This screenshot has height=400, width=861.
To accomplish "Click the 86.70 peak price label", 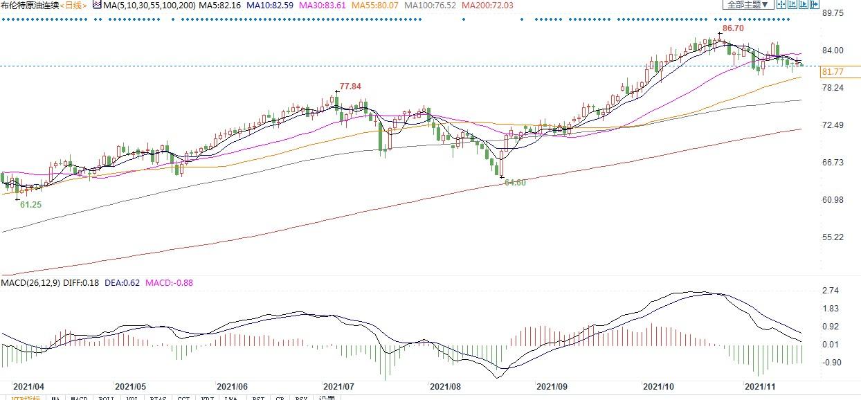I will (733, 28).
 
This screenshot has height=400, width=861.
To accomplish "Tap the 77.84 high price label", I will (350, 87).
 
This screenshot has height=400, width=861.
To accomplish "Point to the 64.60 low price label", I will (515, 183).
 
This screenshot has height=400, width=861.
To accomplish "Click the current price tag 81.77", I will (831, 72).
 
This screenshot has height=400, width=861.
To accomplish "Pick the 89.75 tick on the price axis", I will (832, 13).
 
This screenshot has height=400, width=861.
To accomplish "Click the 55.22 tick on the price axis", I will (832, 237).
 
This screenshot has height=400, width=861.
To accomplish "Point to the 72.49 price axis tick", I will (832, 125).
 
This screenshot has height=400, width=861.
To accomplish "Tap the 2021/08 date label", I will (446, 387).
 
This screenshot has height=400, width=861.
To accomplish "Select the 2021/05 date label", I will (130, 387).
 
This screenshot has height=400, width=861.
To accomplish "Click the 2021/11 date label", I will (760, 387).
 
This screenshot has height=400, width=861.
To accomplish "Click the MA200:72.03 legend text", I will (488, 6).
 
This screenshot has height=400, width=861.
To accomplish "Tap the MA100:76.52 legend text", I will (430, 6).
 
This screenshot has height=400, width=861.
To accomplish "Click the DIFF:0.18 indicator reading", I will (82, 283).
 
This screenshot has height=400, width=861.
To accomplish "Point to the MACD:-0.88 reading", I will (170, 283).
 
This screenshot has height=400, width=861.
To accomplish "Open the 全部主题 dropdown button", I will (746, 5).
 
